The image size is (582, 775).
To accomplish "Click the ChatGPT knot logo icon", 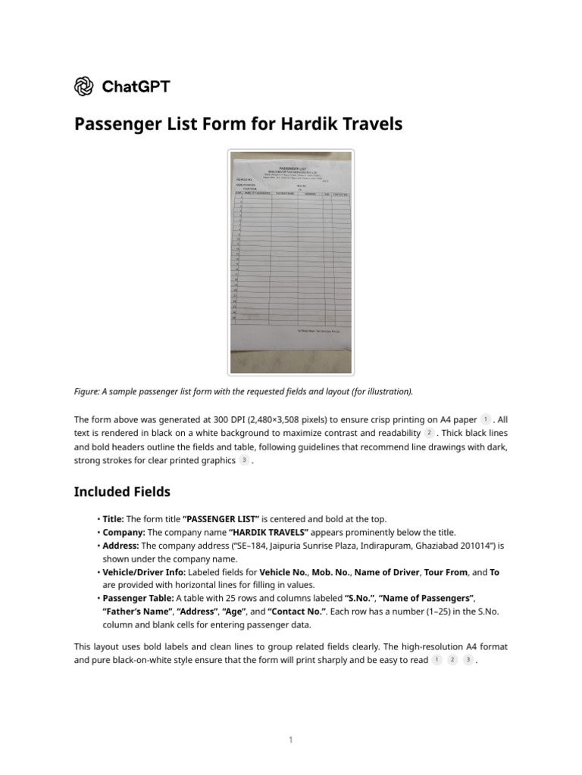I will click(84, 86).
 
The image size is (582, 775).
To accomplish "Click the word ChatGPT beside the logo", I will click(136, 86).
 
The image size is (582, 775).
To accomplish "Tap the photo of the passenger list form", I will click(291, 262).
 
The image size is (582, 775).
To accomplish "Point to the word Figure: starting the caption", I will click(89, 391).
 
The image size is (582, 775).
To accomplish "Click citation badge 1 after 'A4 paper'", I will click(486, 419).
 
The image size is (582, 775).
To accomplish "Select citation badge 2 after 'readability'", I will click(429, 433).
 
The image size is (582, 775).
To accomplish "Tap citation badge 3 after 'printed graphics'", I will click(244, 460).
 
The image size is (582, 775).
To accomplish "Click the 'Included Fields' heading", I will click(122, 492).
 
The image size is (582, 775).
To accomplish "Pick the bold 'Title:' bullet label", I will click(113, 518).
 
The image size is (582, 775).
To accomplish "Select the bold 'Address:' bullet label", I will click(120, 545).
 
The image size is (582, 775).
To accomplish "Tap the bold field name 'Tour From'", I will click(449, 572).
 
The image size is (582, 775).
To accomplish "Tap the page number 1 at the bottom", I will click(291, 740).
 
